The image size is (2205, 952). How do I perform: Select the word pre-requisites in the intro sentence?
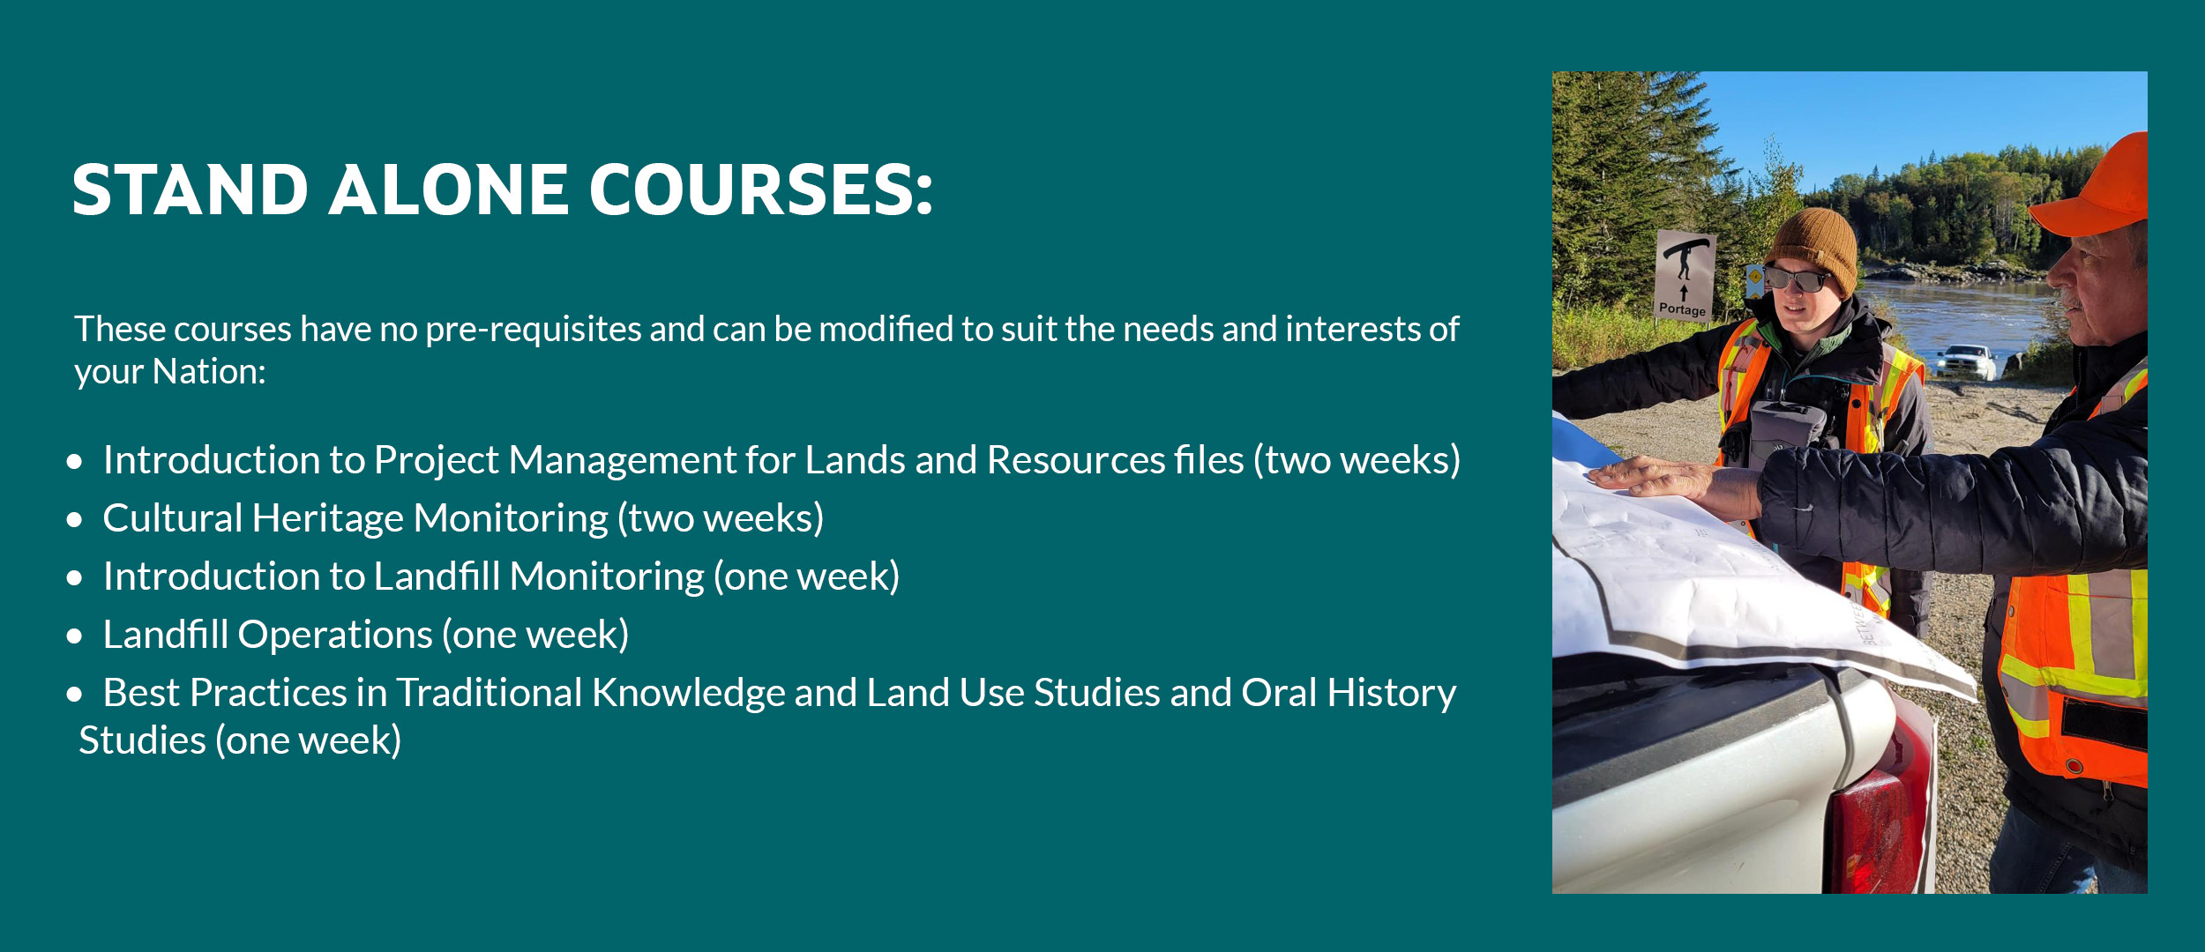click(x=532, y=330)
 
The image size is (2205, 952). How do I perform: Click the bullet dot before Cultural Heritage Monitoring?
click(x=74, y=520)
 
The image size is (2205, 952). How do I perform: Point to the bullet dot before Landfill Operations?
click(x=74, y=636)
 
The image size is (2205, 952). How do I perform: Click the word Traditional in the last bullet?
click(x=489, y=693)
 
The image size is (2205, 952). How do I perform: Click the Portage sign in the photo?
click(x=1684, y=275)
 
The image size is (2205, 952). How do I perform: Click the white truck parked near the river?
click(x=1966, y=361)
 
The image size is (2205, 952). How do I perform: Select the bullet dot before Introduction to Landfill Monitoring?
click(x=74, y=578)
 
